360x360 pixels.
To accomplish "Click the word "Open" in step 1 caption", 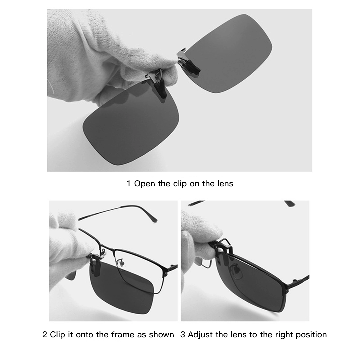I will coord(144,184).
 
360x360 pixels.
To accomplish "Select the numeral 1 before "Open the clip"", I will coord(129,184).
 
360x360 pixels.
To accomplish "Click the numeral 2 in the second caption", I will coord(45,335).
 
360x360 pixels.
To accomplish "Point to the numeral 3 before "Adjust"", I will coord(183,335).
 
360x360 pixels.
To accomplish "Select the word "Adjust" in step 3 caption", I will coord(200,335).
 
